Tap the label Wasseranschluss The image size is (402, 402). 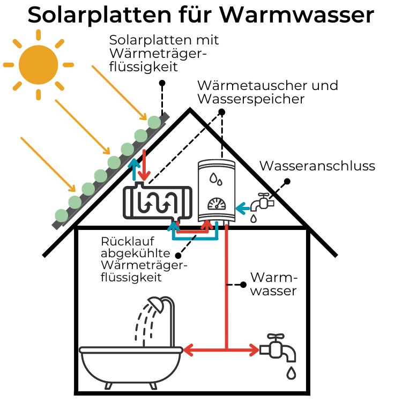pyautogui.click(x=317, y=166)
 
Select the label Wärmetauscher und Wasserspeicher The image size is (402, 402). pyautogui.click(x=267, y=92)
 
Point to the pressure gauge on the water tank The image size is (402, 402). pyautogui.click(x=217, y=205)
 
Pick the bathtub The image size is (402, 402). pyautogui.click(x=131, y=364)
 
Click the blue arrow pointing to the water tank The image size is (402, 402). pyautogui.click(x=243, y=205)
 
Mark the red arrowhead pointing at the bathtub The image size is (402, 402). pyautogui.click(x=188, y=351)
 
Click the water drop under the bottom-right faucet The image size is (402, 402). pyautogui.click(x=291, y=372)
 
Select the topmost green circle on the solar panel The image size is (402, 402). pyautogui.click(x=154, y=122)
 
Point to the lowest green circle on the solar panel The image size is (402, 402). pyautogui.click(x=62, y=215)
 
